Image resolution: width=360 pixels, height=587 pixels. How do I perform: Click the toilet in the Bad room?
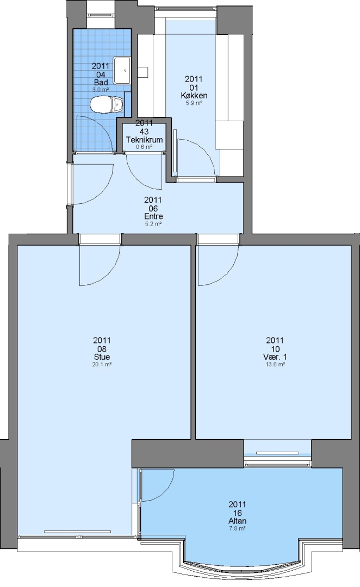107,104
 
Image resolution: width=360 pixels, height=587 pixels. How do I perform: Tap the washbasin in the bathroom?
122,70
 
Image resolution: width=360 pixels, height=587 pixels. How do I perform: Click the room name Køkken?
194,96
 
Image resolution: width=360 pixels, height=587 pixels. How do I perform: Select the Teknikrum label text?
144,140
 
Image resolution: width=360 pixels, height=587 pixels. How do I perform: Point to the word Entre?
153,216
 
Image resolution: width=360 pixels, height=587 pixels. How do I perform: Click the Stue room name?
102,357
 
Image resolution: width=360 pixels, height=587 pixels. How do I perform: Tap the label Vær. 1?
275,357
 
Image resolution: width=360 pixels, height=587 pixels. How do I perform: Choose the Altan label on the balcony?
238,521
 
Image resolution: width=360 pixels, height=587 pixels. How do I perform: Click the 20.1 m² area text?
102,364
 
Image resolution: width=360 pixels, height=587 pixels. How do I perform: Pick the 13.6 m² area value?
275,364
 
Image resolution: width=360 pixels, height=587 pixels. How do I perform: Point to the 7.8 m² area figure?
238,529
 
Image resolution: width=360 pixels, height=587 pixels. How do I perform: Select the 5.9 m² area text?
194,103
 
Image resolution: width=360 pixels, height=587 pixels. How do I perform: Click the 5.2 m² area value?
153,224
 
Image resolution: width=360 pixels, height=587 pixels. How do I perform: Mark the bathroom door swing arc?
104,126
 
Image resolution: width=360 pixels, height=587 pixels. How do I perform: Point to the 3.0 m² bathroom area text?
101,90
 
